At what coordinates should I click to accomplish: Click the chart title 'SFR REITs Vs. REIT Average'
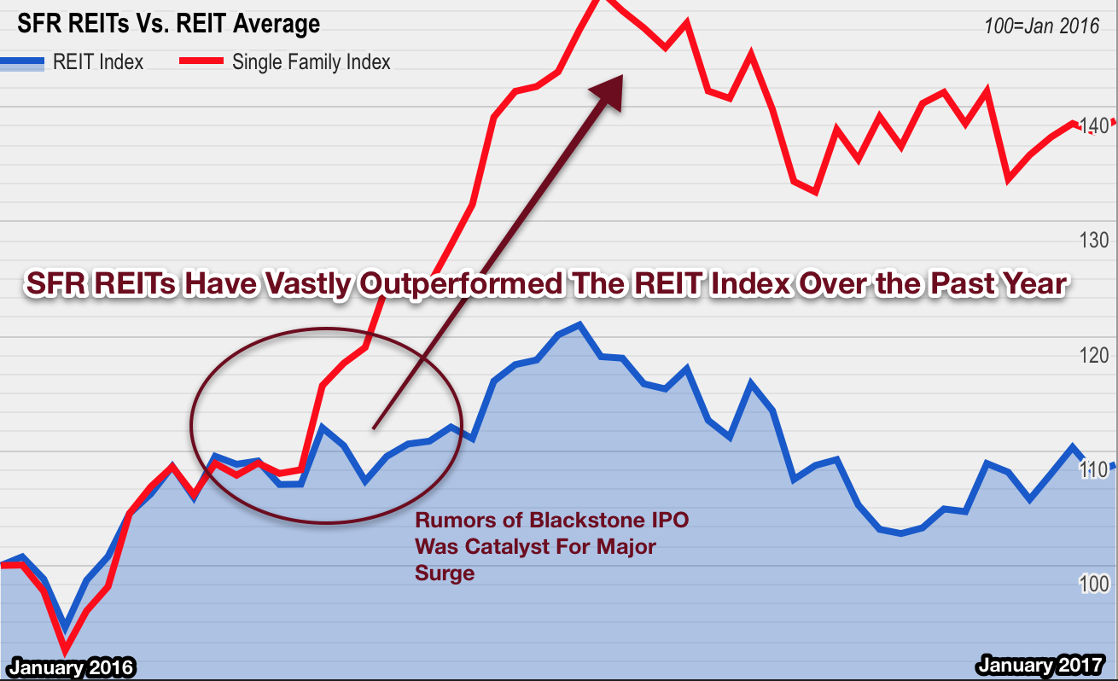[x=169, y=25]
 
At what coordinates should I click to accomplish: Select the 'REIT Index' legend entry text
[x=98, y=61]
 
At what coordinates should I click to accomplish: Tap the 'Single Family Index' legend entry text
[x=311, y=61]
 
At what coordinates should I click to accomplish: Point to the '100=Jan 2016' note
[x=1041, y=26]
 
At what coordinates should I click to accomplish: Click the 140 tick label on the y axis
[x=1093, y=126]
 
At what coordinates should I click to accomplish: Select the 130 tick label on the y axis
[x=1093, y=241]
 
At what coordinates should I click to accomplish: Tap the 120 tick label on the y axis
[x=1093, y=355]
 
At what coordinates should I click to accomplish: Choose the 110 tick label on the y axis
[x=1093, y=469]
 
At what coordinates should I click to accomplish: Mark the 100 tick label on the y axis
[x=1093, y=584]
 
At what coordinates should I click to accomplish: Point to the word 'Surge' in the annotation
[x=444, y=573]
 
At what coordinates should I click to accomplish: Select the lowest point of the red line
[x=65, y=651]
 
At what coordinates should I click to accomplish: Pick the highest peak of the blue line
[x=579, y=325]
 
